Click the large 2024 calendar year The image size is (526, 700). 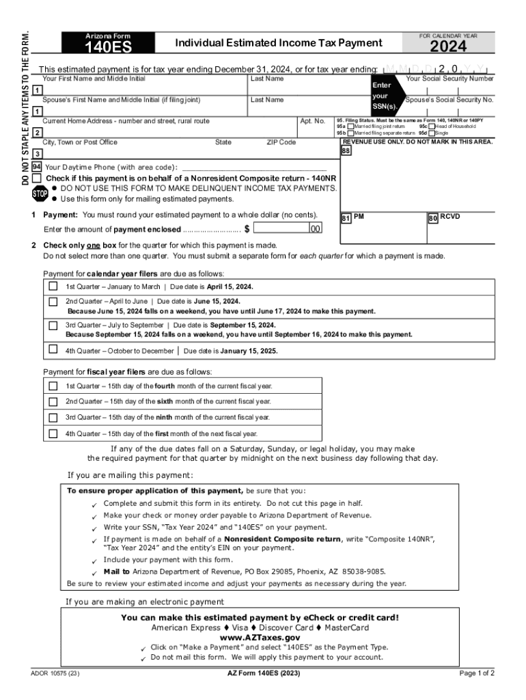coord(448,46)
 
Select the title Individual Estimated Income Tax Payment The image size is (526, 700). coord(279,43)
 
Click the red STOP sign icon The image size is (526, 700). coord(40,193)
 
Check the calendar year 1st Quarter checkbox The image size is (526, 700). coord(53,286)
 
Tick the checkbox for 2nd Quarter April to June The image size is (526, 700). coord(53,301)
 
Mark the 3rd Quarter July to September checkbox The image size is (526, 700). coord(53,325)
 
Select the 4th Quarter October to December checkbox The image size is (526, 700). coord(53,349)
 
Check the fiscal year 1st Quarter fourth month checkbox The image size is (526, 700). coord(53,386)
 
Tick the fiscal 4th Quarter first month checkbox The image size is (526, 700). coord(53,433)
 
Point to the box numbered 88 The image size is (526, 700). coord(346,151)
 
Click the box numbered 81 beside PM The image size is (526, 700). coord(346,218)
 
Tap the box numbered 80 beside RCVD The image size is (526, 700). coord(432,218)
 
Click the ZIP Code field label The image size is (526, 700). coord(281,142)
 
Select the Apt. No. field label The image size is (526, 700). coord(312,120)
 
